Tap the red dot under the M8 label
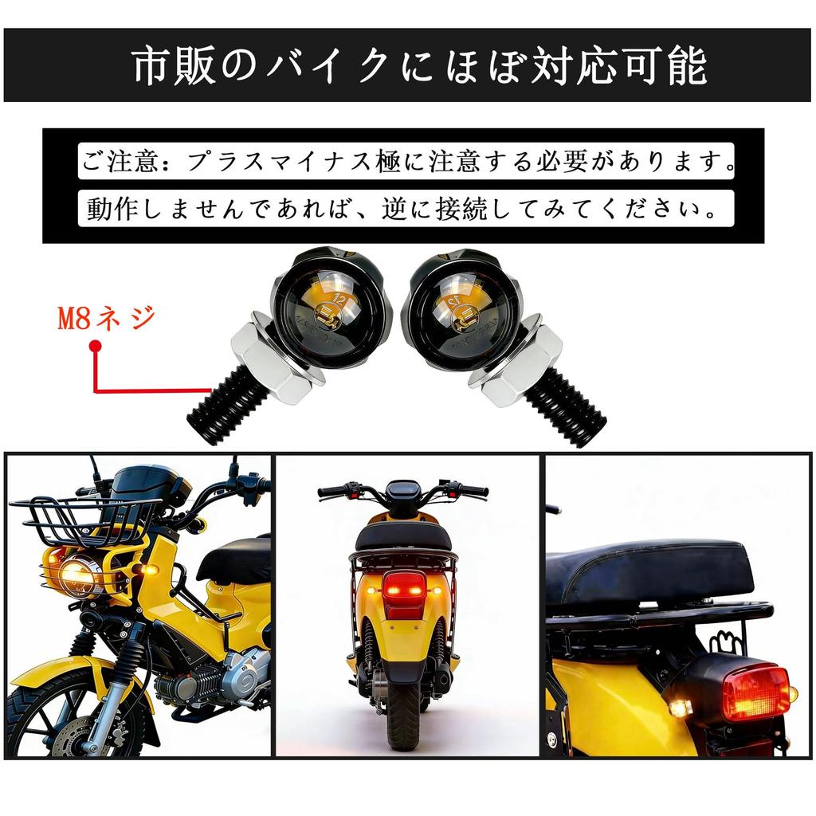pyautogui.click(x=96, y=346)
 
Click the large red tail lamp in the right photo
pyautogui.click(x=755, y=692)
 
